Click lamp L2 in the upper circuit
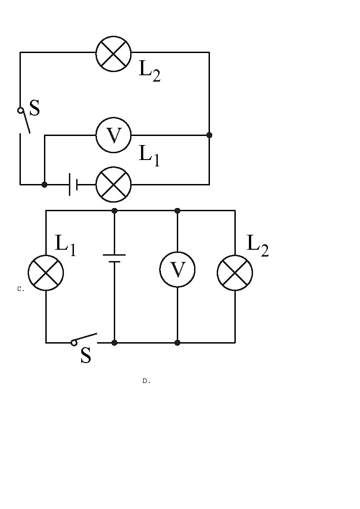(113, 53)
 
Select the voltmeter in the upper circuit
(113, 135)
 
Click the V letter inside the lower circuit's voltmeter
(177, 270)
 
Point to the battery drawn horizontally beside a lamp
(73, 184)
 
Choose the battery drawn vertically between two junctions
(114, 258)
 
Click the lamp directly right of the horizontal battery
(113, 184)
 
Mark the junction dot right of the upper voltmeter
(209, 135)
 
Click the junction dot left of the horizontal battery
(44, 184)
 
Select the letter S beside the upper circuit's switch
(34, 108)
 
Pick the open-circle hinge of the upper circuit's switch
(20, 110)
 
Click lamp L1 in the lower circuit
(46, 272)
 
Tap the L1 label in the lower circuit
(65, 245)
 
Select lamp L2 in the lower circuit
(235, 272)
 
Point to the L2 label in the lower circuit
(257, 246)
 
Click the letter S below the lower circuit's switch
(86, 356)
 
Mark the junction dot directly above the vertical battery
(114, 211)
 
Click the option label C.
(20, 289)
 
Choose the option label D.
(146, 381)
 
